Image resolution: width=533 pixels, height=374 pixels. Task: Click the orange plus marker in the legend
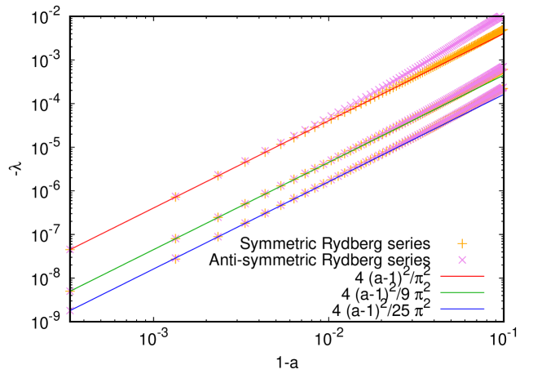462,243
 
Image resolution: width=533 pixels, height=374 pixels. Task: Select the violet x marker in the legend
462,260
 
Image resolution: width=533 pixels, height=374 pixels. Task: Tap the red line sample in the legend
462,276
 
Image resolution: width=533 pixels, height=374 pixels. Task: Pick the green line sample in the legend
462,292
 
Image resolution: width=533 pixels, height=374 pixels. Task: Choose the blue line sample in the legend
462,309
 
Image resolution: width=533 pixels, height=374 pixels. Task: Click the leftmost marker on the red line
70,249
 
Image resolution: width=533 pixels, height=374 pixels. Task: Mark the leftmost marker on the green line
70,291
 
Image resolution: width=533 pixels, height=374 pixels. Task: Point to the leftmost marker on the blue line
70,310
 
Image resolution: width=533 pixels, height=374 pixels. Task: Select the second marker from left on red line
175,197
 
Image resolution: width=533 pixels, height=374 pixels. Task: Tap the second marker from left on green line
175,238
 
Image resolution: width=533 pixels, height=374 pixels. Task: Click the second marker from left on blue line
175,259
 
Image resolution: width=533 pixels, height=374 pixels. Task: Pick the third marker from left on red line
218,176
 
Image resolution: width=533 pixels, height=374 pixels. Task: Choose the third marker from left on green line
218,217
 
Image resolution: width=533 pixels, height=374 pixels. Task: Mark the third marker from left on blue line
218,237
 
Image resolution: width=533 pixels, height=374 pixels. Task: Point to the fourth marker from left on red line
244,162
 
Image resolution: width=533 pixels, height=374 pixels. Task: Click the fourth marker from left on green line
244,204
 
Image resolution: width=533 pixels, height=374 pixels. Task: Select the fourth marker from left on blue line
244,223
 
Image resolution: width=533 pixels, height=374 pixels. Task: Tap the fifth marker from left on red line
265,151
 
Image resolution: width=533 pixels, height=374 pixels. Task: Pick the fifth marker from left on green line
265,194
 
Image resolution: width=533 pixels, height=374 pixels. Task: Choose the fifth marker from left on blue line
265,213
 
